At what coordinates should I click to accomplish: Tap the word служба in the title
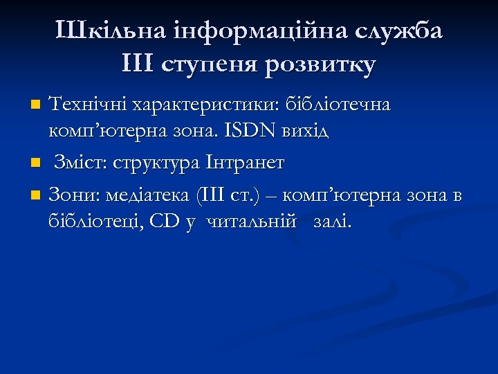point(399,31)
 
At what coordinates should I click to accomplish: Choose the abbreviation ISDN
point(259,130)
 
